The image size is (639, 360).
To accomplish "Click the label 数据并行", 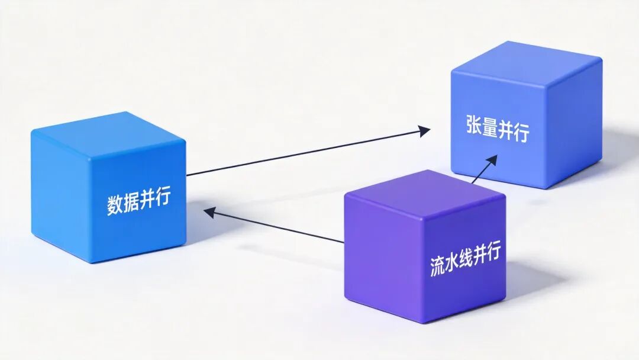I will click(138, 201).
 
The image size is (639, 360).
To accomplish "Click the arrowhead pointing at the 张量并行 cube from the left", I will click(424, 131).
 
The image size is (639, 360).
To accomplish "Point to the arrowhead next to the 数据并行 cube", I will click(208, 211).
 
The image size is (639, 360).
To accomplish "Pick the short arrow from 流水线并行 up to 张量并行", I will click(483, 169).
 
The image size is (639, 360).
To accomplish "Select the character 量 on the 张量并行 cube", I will click(489, 129).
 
